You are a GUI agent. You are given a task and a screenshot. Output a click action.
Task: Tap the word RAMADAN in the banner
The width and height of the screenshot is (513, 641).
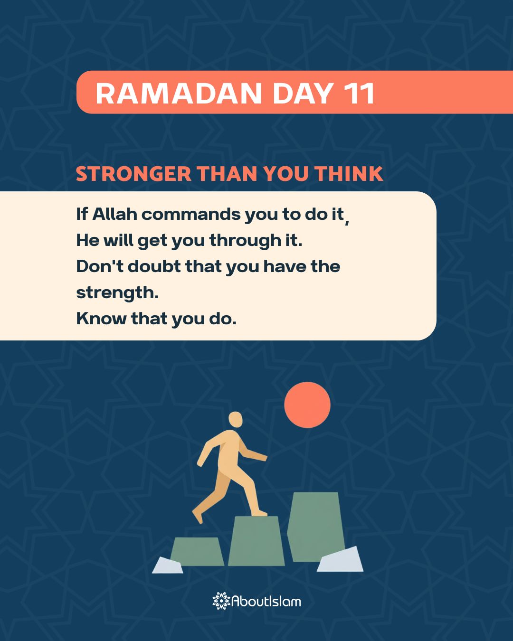(x=179, y=93)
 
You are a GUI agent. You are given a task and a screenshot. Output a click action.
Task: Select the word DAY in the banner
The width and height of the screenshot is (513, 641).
(x=302, y=93)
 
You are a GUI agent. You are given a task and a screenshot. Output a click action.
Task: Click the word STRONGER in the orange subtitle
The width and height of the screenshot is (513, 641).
(x=133, y=174)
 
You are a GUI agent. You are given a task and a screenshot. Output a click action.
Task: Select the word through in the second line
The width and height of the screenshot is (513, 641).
(x=245, y=240)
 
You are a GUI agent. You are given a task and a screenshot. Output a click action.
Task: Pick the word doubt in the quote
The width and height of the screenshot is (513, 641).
(x=154, y=266)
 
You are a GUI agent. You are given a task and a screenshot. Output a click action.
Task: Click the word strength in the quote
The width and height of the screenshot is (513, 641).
(x=116, y=292)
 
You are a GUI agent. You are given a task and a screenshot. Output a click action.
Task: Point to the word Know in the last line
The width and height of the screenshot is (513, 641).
(x=101, y=318)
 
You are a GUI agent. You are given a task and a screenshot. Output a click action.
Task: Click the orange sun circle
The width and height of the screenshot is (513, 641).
(x=307, y=405)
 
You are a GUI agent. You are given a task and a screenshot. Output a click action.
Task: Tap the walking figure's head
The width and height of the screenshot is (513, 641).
(x=236, y=420)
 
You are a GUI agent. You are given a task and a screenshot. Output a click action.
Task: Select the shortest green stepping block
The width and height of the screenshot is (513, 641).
(x=197, y=551)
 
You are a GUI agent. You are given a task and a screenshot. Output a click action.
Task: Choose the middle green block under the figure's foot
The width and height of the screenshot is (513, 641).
(x=256, y=541)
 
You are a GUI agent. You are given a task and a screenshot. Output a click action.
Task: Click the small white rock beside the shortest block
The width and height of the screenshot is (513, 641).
(x=168, y=566)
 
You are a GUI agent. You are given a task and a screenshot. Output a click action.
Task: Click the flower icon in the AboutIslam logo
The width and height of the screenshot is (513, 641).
(x=221, y=601)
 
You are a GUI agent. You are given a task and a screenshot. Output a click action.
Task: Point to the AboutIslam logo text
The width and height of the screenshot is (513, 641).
(x=266, y=601)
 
